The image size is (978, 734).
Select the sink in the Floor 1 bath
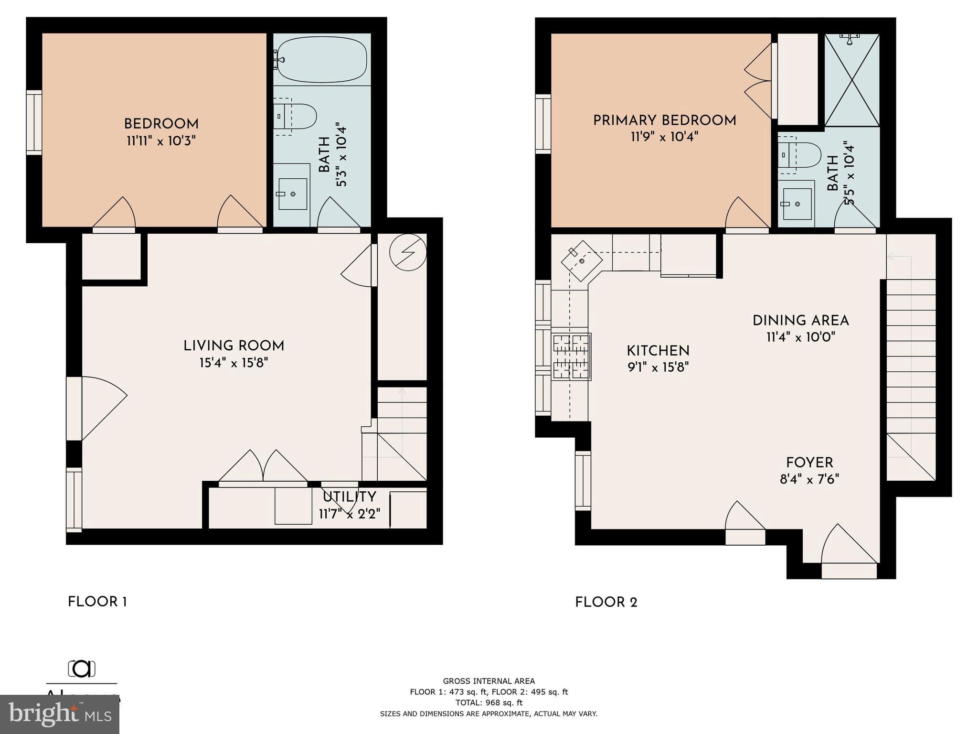point(292,194)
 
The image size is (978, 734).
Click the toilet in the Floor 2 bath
point(800,154)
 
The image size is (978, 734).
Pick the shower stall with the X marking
point(852,80)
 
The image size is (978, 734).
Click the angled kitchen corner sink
point(581,260)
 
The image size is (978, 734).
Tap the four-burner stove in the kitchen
point(572,356)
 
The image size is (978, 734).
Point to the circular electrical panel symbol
point(407,252)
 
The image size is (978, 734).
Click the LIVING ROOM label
point(234,346)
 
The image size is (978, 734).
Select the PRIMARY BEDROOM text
point(664,120)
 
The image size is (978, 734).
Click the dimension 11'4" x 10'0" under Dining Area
point(800,337)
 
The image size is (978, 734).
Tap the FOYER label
point(809,463)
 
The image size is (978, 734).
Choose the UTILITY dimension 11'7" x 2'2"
point(350,514)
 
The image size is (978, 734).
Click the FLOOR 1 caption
point(97,602)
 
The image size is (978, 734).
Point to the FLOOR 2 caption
point(606,603)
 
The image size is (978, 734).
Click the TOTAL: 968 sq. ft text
point(489,702)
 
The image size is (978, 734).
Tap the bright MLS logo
point(60,714)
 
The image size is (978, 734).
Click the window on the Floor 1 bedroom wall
point(34,123)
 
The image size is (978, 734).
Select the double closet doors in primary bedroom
point(759,81)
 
